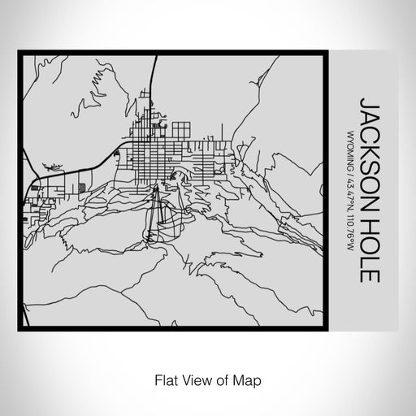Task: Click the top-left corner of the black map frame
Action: pos(19,54)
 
